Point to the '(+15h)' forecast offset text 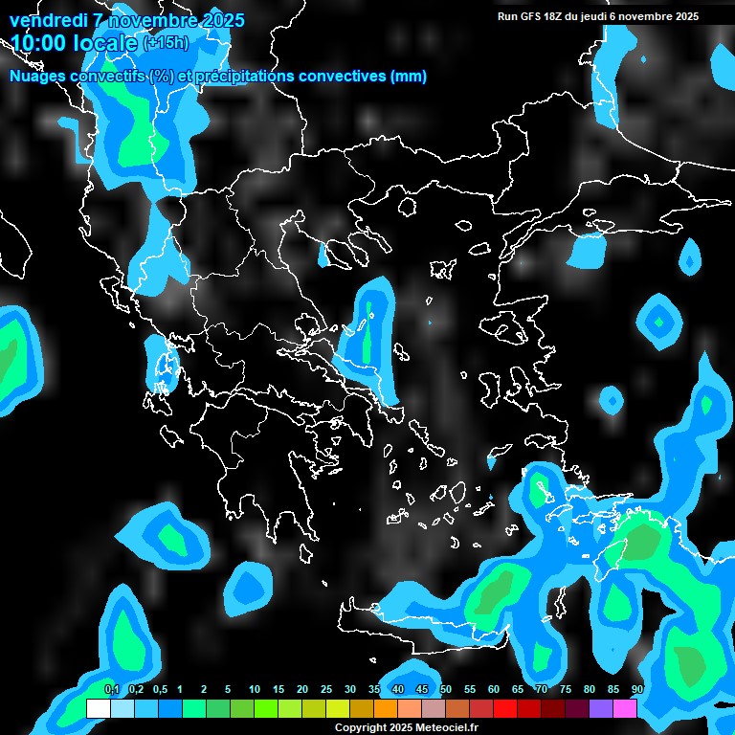point(166,43)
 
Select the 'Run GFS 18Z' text point(531,16)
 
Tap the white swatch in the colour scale point(98,708)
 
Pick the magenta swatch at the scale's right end point(625,708)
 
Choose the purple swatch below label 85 point(601,708)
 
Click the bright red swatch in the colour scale point(505,708)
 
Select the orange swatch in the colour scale point(386,708)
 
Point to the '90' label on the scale point(637,689)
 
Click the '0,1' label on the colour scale point(111,689)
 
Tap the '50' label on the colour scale point(446,689)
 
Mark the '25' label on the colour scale point(326,689)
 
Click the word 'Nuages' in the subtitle point(39,77)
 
